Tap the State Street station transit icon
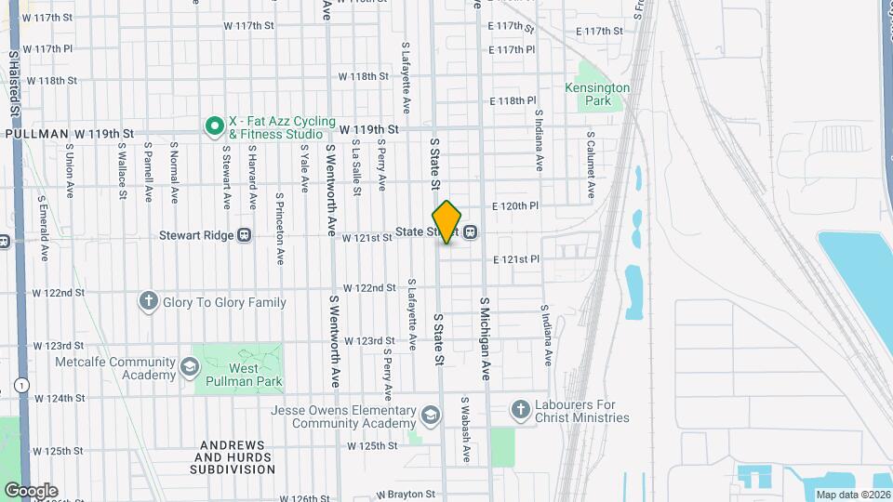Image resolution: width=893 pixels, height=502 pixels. point(471,231)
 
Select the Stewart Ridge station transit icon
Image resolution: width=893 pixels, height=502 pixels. point(245,235)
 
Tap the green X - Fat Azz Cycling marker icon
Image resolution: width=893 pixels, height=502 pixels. point(214,124)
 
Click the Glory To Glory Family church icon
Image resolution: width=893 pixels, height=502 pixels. point(148,301)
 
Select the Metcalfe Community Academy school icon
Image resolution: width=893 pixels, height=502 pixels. point(190,367)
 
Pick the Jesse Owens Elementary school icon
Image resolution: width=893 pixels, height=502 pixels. point(430,415)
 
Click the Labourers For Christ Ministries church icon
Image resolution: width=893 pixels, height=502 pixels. point(520,409)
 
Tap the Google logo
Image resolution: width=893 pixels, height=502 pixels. point(31,490)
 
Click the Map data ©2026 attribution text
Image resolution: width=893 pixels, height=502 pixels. point(853,494)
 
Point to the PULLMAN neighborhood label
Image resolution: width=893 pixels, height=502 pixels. point(36,134)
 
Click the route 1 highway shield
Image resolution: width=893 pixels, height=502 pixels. point(20,384)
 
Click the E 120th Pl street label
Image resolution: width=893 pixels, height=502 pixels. point(515,205)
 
